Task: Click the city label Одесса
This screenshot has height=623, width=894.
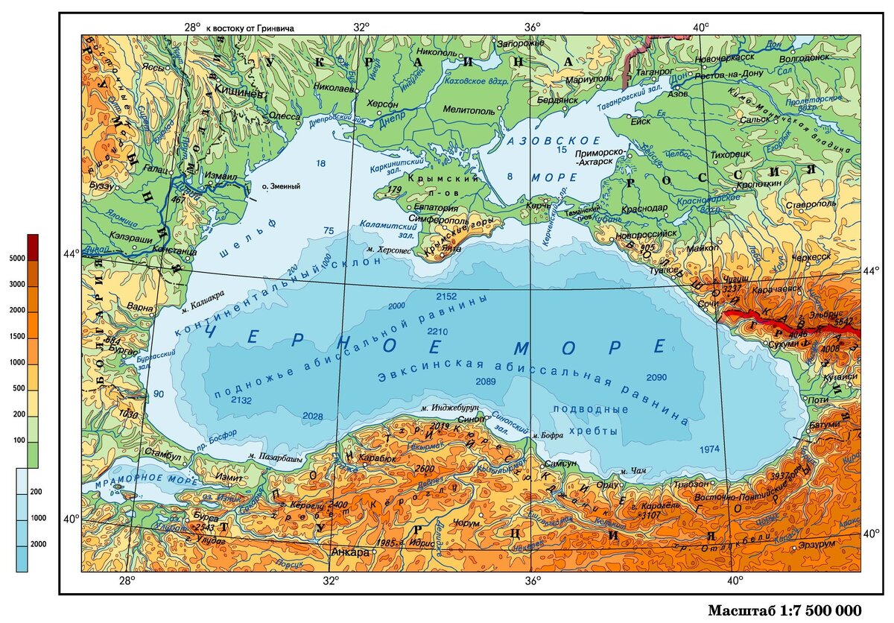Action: point(284,116)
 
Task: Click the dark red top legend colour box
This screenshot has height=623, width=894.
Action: point(33,246)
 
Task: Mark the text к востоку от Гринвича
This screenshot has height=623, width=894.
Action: point(250,28)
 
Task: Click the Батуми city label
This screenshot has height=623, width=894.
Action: point(824,425)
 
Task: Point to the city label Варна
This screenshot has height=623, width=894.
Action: point(139,306)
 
